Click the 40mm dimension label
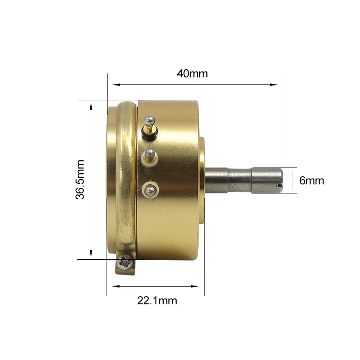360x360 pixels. point(192,74)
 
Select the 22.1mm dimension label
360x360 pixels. point(157,301)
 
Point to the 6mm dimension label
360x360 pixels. point(312,181)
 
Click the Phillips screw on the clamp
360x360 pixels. point(127,262)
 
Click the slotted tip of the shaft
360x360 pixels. point(280,181)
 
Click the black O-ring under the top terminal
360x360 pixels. point(150,136)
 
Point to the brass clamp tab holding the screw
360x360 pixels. point(124,264)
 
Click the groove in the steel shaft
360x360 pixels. point(251,180)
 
